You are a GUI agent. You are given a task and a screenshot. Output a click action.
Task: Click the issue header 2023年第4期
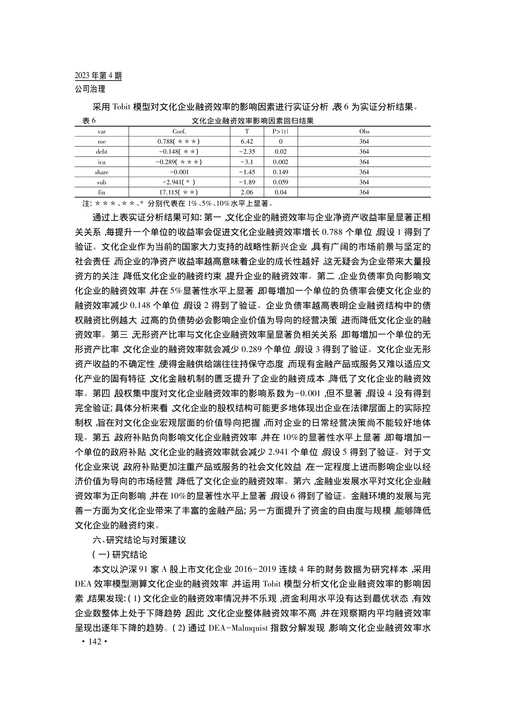point(98,76)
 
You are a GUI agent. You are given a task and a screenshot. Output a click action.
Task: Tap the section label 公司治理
point(90,89)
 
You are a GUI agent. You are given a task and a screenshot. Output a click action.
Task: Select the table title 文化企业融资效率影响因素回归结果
point(252,121)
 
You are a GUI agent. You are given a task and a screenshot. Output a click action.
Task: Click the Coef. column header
point(179,132)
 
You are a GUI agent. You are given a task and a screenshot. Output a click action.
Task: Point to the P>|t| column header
point(280,132)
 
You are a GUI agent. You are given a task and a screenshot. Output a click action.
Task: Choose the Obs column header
point(364,132)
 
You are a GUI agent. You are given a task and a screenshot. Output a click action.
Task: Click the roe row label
point(102,142)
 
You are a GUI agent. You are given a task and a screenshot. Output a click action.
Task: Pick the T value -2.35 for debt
point(247,152)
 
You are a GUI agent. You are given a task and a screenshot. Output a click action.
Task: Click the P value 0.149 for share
point(281,172)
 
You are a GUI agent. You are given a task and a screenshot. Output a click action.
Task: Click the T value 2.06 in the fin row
point(247,193)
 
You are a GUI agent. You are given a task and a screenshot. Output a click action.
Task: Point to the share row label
point(102,172)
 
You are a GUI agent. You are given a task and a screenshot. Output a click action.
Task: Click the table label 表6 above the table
point(89,121)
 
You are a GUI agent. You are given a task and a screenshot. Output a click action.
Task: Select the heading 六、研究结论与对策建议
point(139,540)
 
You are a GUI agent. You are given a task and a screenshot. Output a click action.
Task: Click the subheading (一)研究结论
point(120,554)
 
